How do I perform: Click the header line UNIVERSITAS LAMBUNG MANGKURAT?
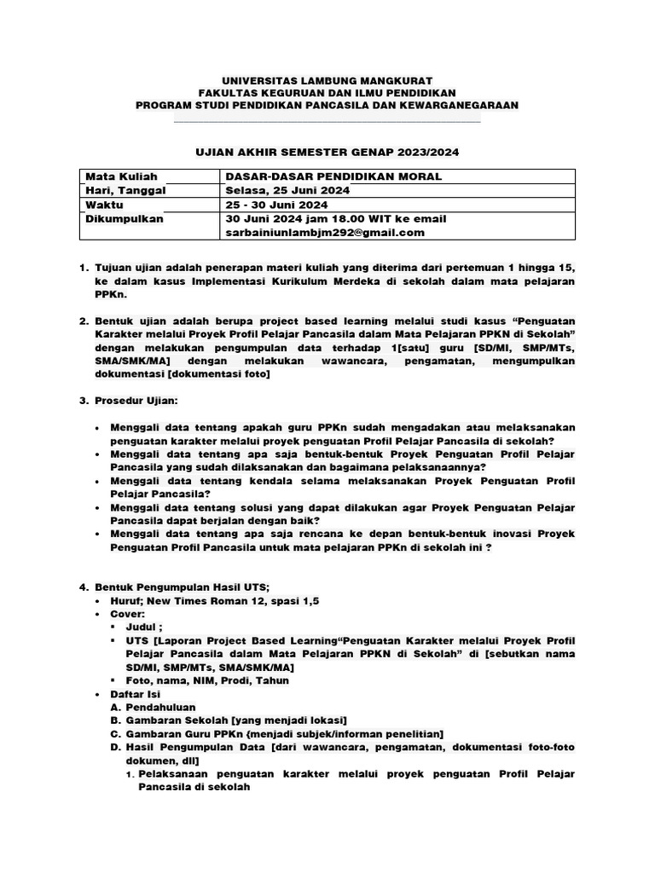click(327, 79)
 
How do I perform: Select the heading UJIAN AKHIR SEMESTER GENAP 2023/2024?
click(327, 152)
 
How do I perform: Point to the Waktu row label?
click(105, 205)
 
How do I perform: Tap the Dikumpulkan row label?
click(125, 218)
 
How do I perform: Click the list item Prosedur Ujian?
click(136, 400)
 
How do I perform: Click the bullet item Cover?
click(130, 614)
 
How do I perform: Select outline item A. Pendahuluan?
click(160, 707)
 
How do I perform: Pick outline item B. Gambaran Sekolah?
click(226, 720)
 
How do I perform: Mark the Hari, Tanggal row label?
click(125, 190)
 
